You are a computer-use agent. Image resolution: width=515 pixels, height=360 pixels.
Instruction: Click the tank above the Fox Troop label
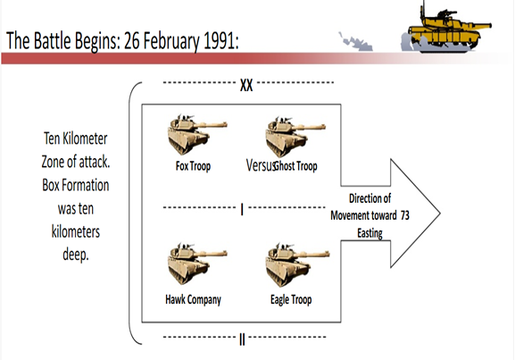(197, 135)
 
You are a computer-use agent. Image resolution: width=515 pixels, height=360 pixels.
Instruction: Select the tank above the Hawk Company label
(197, 264)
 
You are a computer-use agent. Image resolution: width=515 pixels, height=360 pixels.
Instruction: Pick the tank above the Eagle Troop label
(297, 264)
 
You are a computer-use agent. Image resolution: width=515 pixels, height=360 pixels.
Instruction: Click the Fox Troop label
(193, 166)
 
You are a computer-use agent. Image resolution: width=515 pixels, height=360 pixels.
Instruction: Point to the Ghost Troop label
(295, 166)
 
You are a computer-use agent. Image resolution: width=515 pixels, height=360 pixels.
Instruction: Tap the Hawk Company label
(193, 299)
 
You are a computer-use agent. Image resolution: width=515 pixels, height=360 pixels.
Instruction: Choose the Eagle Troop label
(291, 299)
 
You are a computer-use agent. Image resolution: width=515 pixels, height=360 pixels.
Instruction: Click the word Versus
(262, 165)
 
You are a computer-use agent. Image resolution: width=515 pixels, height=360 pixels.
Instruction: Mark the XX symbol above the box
(246, 85)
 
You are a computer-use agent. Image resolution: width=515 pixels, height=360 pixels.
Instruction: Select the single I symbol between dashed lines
(242, 209)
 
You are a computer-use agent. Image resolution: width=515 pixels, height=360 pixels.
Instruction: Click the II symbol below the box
(243, 339)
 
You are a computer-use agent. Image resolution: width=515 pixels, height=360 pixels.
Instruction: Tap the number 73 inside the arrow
(405, 215)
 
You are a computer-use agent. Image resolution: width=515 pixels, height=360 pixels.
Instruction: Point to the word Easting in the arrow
(370, 233)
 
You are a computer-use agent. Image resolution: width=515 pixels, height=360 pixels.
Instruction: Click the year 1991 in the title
(219, 41)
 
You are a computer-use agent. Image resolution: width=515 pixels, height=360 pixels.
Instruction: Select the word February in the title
(171, 41)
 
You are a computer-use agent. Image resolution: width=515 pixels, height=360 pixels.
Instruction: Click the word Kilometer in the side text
(85, 138)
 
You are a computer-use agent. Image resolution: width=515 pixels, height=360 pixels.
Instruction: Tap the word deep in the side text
(76, 255)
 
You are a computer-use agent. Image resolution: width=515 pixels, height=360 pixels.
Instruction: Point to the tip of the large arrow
(440, 213)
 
